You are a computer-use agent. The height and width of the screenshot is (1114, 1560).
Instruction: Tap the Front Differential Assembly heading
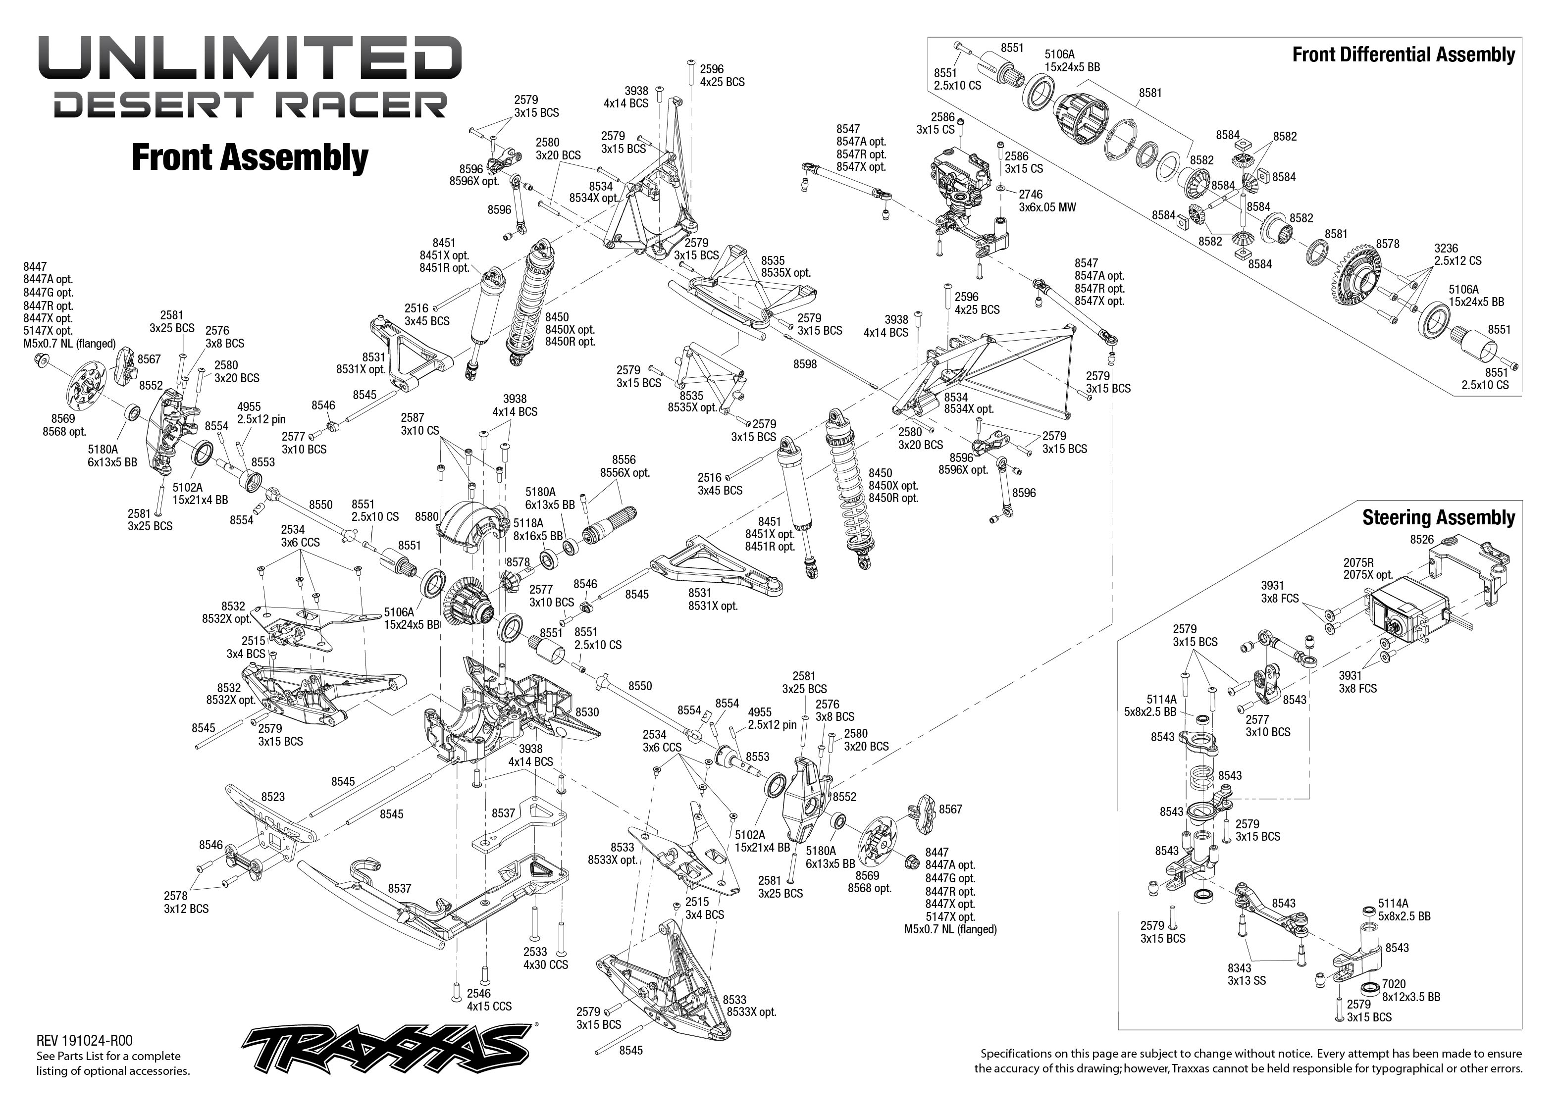pos(1403,55)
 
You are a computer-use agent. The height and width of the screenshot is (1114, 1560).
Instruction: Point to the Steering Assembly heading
pos(1438,517)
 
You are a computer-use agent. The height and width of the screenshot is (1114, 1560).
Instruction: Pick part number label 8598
pos(805,364)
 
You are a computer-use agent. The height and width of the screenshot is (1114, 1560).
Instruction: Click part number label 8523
pos(272,797)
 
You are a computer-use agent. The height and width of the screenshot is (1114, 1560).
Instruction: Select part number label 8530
pos(586,712)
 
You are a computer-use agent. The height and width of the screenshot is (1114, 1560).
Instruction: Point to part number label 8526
pos(1421,539)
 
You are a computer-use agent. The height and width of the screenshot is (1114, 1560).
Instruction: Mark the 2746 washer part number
pos(1031,194)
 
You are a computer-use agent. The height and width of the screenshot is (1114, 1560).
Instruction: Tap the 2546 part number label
pos(479,993)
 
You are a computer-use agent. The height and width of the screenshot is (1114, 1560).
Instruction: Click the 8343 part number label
pos(1239,968)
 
